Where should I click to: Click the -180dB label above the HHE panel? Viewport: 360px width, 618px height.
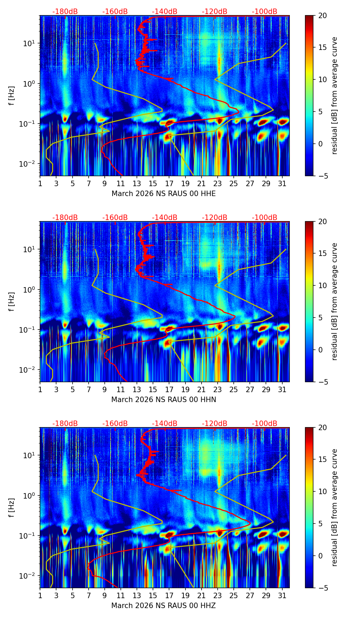[65, 12]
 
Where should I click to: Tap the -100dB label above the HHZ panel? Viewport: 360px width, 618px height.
[265, 424]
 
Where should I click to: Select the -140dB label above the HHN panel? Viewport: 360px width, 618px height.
[165, 218]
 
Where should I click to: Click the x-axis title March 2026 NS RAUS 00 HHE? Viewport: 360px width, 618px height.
[164, 194]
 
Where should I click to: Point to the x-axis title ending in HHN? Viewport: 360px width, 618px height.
[164, 400]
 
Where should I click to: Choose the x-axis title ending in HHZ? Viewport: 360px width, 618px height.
[164, 606]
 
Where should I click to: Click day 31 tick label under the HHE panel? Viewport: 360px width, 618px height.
[282, 184]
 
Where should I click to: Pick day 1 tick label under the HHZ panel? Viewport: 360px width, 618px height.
[40, 596]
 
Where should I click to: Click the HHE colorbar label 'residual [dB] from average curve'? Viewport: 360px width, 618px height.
[334, 95]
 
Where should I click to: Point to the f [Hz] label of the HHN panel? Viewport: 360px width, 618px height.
[12, 301]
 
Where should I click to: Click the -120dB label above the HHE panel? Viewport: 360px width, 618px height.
[215, 12]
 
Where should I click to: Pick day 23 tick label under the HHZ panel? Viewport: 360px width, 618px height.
[218, 596]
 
